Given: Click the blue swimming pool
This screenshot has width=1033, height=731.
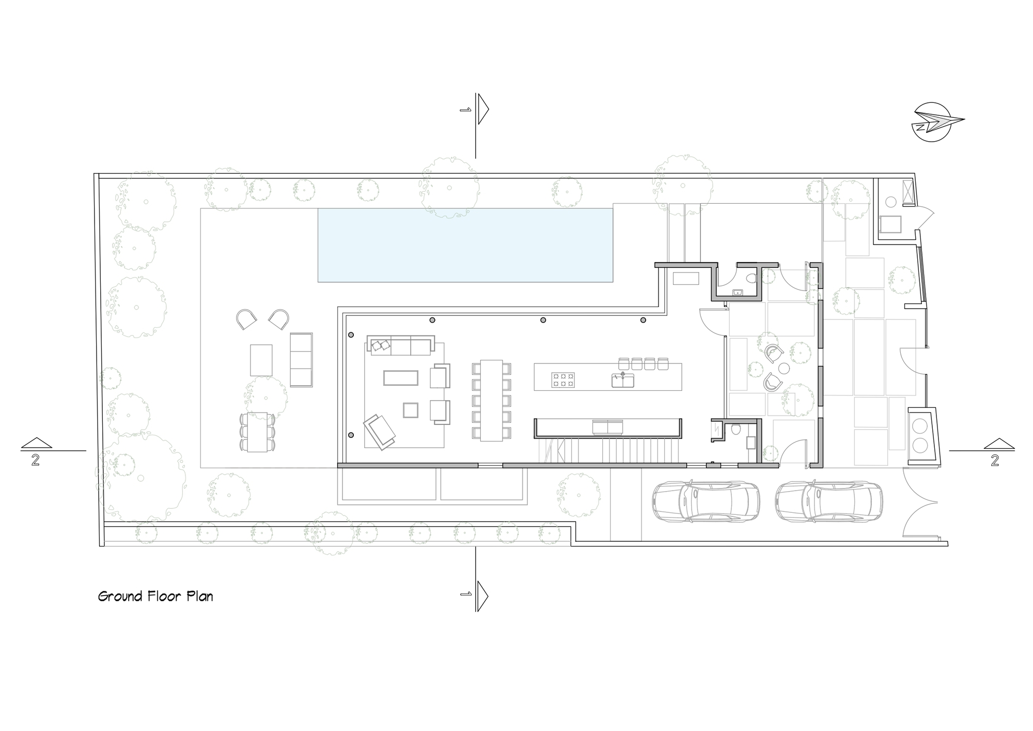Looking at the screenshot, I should (465, 245).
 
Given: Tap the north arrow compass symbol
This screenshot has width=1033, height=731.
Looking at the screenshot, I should (933, 123).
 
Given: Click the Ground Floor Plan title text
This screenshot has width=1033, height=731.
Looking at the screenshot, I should (155, 597).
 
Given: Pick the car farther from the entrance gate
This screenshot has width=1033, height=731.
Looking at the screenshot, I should (706, 501).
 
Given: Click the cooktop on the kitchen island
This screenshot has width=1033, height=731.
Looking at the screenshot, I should (563, 380).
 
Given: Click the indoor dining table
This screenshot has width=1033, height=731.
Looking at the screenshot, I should (491, 400).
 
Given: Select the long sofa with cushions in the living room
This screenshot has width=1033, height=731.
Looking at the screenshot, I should (401, 345).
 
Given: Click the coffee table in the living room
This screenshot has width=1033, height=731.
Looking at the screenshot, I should (400, 378).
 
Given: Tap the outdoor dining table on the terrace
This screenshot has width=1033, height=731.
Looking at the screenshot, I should (257, 432).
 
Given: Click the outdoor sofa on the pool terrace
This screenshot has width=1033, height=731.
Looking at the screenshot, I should (301, 360).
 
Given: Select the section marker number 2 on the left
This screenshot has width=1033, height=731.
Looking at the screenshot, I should (35, 461).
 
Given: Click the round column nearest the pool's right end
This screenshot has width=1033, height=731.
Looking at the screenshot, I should (643, 320).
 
